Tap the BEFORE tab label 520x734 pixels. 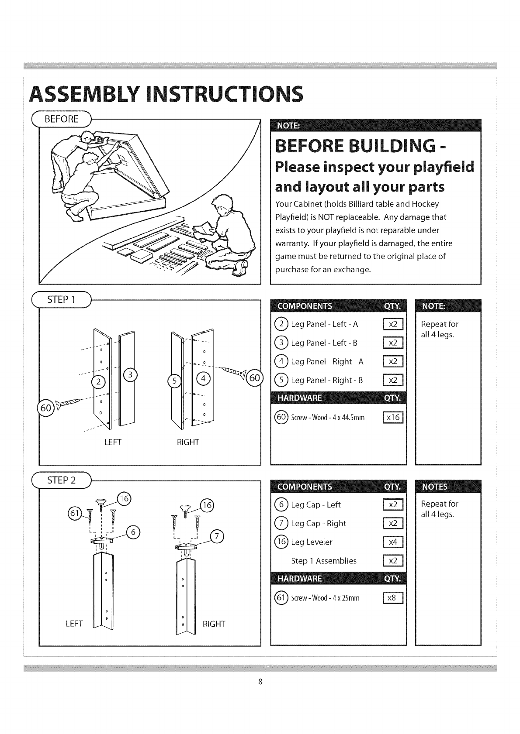64,119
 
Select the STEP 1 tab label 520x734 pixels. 61,300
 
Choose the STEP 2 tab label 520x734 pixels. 61,480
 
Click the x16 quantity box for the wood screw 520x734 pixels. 393,418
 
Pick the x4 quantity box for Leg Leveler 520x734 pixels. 393,542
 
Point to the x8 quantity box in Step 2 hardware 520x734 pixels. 393,598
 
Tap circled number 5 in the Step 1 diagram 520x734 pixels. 174,381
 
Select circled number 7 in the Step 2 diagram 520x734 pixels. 217,536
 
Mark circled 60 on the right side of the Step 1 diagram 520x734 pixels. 254,377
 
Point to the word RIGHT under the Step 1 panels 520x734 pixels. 188,442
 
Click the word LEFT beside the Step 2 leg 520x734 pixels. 74,624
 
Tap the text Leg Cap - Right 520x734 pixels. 318,523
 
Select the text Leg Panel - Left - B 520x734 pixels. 324,343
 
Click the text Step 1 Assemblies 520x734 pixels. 324,561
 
